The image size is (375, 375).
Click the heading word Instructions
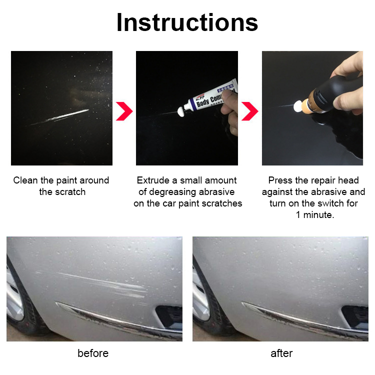click(x=187, y=22)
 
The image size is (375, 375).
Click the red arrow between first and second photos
click(x=123, y=111)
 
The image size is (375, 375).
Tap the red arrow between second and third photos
click(x=249, y=111)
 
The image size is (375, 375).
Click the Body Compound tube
click(x=205, y=98)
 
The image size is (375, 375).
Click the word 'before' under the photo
click(x=93, y=353)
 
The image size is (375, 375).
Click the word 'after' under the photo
click(x=281, y=353)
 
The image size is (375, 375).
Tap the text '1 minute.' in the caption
click(x=314, y=215)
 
